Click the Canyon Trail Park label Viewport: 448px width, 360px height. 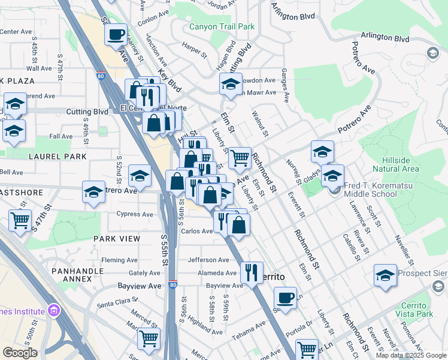[222, 26]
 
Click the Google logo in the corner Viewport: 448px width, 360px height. [20, 352]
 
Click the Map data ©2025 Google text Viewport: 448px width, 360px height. [411, 355]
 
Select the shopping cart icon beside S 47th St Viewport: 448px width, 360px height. [20, 220]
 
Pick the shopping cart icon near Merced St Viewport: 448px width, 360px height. [149, 338]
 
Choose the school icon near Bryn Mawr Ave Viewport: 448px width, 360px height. [231, 84]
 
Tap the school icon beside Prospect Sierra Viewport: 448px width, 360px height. [386, 275]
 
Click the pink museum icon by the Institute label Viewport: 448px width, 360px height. [54, 311]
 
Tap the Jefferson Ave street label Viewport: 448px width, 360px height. [208, 260]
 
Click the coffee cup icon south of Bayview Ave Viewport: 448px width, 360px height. [286, 298]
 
